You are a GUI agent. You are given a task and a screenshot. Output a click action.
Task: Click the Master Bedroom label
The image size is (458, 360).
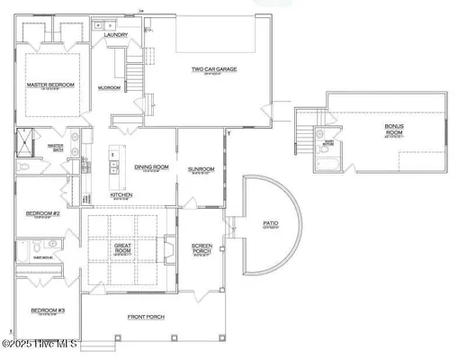50,85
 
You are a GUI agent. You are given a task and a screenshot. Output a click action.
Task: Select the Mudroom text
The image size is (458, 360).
110,88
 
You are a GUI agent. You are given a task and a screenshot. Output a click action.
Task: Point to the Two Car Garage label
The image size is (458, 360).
213,67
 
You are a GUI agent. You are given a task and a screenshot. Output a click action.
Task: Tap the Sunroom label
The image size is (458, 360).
200,168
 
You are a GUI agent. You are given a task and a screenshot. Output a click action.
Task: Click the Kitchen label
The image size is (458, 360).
121,194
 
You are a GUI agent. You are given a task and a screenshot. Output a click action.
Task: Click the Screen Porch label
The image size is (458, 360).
202,247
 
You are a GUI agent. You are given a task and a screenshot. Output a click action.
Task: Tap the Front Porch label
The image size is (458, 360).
144,317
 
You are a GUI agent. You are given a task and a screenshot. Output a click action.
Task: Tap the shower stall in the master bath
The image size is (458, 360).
22,144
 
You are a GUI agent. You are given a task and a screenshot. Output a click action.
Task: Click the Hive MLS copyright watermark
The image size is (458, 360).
40,344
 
